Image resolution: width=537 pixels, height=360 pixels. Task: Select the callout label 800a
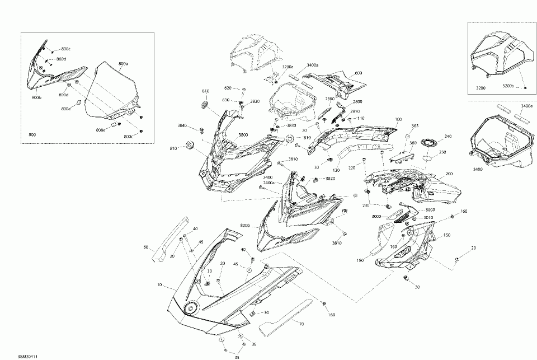tap(123, 64)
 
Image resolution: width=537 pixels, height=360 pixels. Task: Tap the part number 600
tap(358, 73)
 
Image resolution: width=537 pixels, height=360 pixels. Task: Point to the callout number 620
tap(228, 88)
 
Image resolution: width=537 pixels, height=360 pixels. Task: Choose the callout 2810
tap(355, 111)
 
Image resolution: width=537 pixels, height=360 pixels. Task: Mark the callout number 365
tap(414, 127)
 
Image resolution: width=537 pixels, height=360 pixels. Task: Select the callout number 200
tap(448, 174)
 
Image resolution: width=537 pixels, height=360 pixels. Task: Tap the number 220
tap(352, 167)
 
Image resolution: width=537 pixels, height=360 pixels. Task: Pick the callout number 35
tap(236, 356)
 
